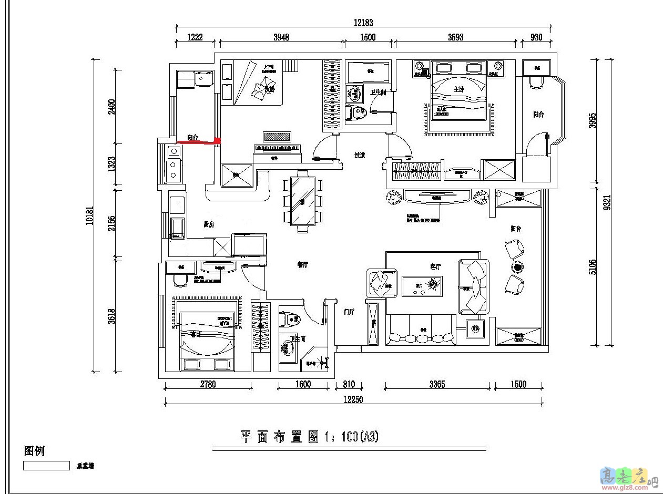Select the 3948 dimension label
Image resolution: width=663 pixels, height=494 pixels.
(x=281, y=37)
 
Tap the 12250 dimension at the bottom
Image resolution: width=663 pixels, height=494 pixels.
(x=353, y=399)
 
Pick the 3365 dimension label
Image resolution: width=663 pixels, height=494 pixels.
(x=436, y=384)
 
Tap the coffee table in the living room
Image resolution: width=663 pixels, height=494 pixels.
(x=422, y=286)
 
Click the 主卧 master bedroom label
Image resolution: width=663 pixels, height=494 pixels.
(x=459, y=89)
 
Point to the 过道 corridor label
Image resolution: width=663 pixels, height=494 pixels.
(x=360, y=155)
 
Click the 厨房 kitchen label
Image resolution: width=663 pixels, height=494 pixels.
(x=209, y=224)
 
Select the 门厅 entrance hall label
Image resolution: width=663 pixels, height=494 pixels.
(x=349, y=312)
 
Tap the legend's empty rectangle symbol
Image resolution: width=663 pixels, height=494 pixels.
(x=46, y=466)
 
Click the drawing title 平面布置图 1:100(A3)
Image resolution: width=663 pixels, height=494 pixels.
(x=309, y=437)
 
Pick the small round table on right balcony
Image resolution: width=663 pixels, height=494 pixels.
(x=517, y=267)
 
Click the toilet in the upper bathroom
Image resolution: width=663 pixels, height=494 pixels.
(x=359, y=111)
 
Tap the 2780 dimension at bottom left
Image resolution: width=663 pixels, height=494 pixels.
(x=208, y=384)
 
